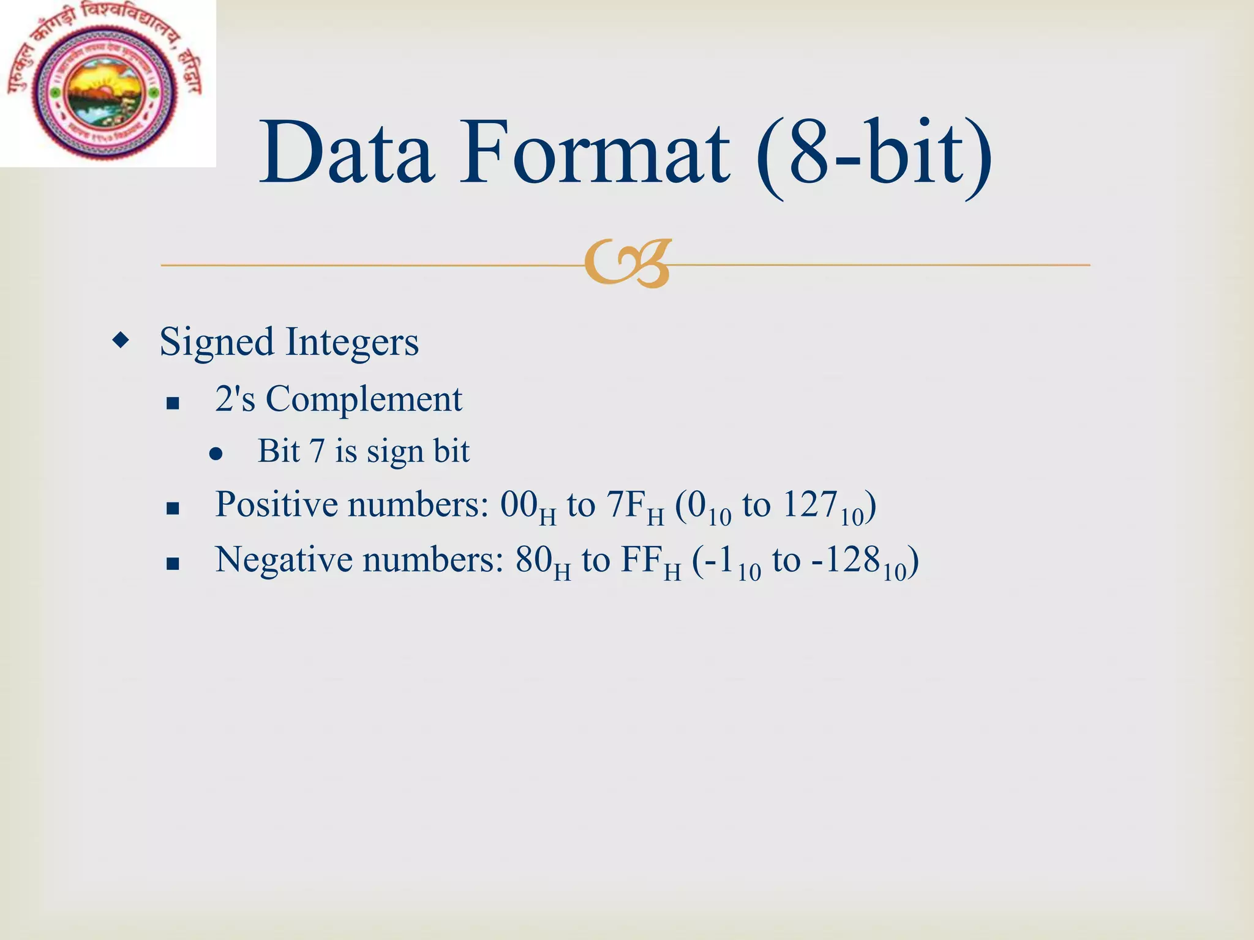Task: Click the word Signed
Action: pos(216,343)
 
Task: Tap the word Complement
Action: pos(364,400)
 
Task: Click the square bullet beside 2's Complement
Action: pos(173,403)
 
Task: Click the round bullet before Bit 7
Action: pos(215,453)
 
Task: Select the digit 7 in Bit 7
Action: pos(317,452)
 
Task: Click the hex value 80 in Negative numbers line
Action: pos(533,561)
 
